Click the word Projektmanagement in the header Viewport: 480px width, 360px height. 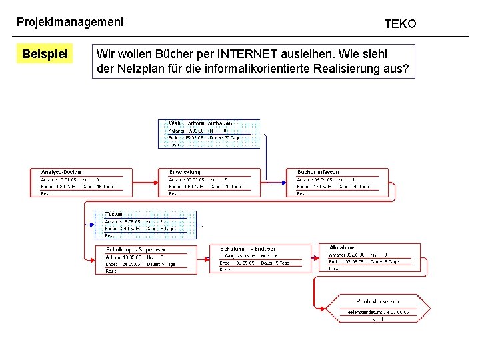(x=70, y=22)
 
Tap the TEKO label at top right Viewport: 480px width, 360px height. (x=400, y=24)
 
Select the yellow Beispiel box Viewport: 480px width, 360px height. (x=45, y=53)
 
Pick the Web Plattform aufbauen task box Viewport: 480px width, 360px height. (x=209, y=133)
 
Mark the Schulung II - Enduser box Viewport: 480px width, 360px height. (x=265, y=259)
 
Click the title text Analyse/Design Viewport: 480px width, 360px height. (x=61, y=172)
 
